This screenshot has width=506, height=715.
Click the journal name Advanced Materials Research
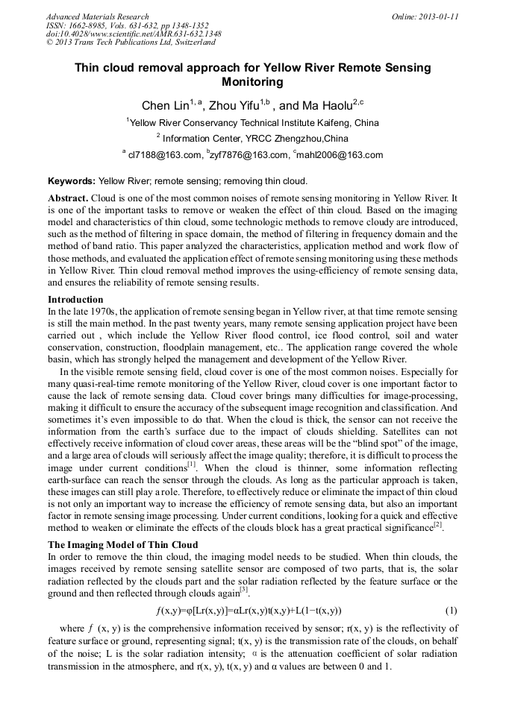[97, 16]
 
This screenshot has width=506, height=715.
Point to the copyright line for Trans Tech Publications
[131, 42]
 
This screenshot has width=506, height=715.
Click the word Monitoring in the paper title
[252, 82]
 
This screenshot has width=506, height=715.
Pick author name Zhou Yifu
[232, 106]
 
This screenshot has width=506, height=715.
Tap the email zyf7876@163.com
[250, 155]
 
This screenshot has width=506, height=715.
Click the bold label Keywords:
[72, 181]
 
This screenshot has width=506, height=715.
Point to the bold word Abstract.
[68, 198]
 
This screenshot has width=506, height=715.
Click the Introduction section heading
[75, 300]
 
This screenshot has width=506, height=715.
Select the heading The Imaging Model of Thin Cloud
[122, 545]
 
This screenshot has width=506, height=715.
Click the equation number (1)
[451, 610]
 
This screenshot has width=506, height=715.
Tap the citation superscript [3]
[243, 590]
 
